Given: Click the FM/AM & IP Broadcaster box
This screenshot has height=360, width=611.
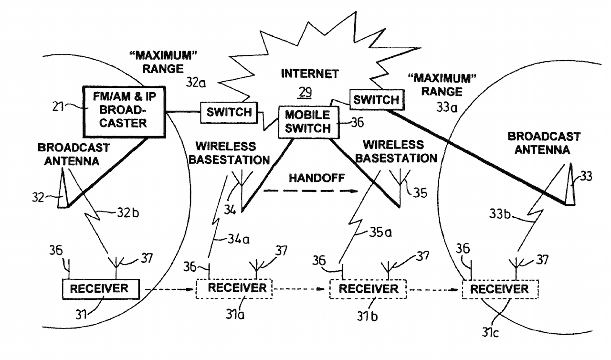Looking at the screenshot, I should tap(123, 110).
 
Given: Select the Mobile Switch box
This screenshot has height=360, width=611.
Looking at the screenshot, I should tap(308, 122).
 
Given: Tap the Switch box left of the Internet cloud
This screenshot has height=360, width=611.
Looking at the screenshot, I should tap(228, 112).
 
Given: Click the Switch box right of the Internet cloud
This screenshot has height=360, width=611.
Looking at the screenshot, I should tap(377, 100).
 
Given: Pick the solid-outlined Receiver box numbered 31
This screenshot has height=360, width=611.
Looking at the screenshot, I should tap(99, 288).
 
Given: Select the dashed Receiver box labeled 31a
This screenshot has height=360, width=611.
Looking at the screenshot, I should tap(233, 288).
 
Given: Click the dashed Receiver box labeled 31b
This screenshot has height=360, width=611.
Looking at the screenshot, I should tap(368, 289).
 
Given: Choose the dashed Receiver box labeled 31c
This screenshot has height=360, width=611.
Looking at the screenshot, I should tap(500, 289).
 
